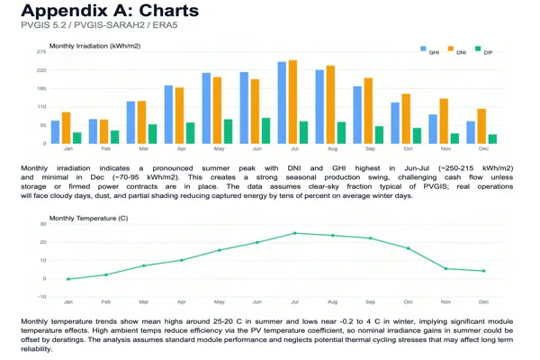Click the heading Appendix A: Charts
(x=109, y=12)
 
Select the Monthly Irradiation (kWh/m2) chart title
(x=94, y=45)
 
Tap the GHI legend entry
(x=429, y=52)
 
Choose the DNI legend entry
(x=456, y=52)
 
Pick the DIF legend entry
(x=483, y=52)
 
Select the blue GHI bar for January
(x=56, y=130)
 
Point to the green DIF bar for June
(x=265, y=130)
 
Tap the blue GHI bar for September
(x=357, y=114)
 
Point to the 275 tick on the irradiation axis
(x=40, y=53)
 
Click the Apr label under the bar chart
(x=181, y=148)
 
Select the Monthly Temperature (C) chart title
(x=88, y=218)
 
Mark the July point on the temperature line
(x=294, y=233)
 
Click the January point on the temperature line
(x=67, y=279)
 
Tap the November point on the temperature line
(x=445, y=269)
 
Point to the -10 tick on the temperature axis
(x=41, y=297)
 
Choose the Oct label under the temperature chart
(x=408, y=302)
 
